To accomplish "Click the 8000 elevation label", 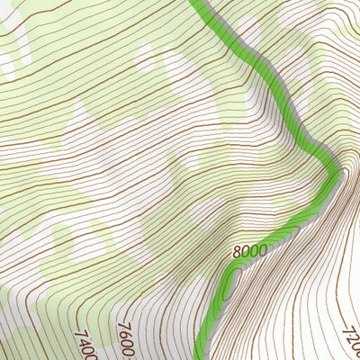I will coord(249,251).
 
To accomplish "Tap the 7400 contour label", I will coord(85,343).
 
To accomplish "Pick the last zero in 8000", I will coord(262,248).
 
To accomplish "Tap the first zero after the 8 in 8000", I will coord(246,252).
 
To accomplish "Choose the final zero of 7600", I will coord(130,352).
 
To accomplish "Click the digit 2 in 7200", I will coord(352,345).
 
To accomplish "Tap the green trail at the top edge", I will coord(200,3).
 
